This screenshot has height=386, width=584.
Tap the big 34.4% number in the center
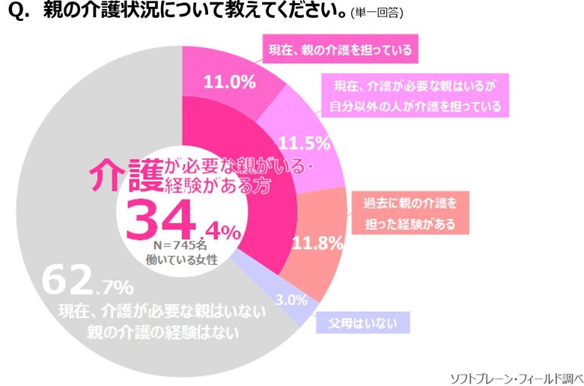[183, 220]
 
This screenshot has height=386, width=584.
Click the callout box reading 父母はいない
[362, 323]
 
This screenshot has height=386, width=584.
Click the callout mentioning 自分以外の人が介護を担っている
[416, 95]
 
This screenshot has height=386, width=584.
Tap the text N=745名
[175, 244]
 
